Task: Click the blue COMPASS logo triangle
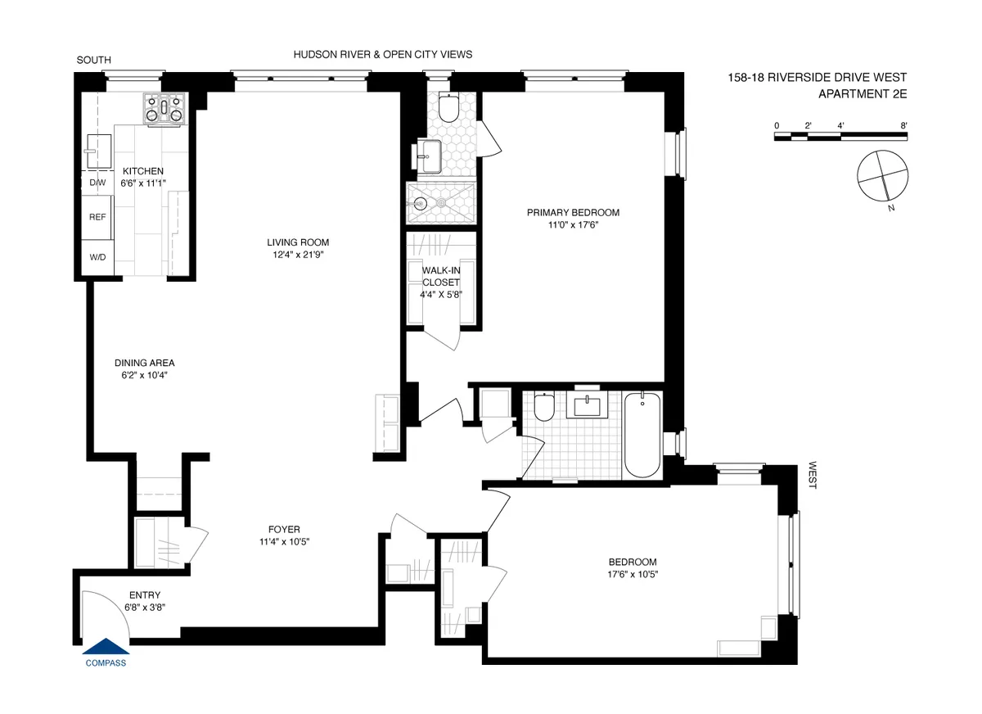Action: click(x=106, y=648)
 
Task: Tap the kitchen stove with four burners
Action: click(x=166, y=110)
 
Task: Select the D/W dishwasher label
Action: click(x=97, y=183)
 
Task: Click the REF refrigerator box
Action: click(x=97, y=219)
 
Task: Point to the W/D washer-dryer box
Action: click(x=97, y=257)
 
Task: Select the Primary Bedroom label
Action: click(x=573, y=213)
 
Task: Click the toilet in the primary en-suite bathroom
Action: click(x=449, y=106)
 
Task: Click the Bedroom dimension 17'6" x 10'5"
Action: click(x=633, y=575)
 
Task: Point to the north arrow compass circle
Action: click(x=882, y=174)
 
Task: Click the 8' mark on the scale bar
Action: click(x=903, y=125)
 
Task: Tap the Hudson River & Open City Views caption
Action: click(x=383, y=55)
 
